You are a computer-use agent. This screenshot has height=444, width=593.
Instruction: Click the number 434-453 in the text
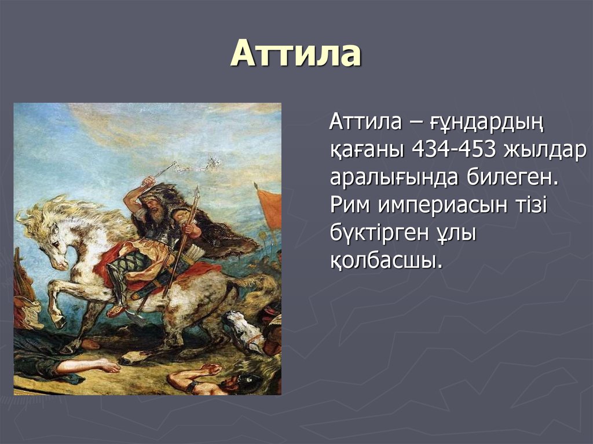453,150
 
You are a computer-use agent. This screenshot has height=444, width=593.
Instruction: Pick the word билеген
513,177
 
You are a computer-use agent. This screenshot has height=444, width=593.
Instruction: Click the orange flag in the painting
270,208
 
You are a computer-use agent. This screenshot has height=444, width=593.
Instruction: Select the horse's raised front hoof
58,321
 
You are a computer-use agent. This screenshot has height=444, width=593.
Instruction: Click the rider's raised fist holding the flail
149,182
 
